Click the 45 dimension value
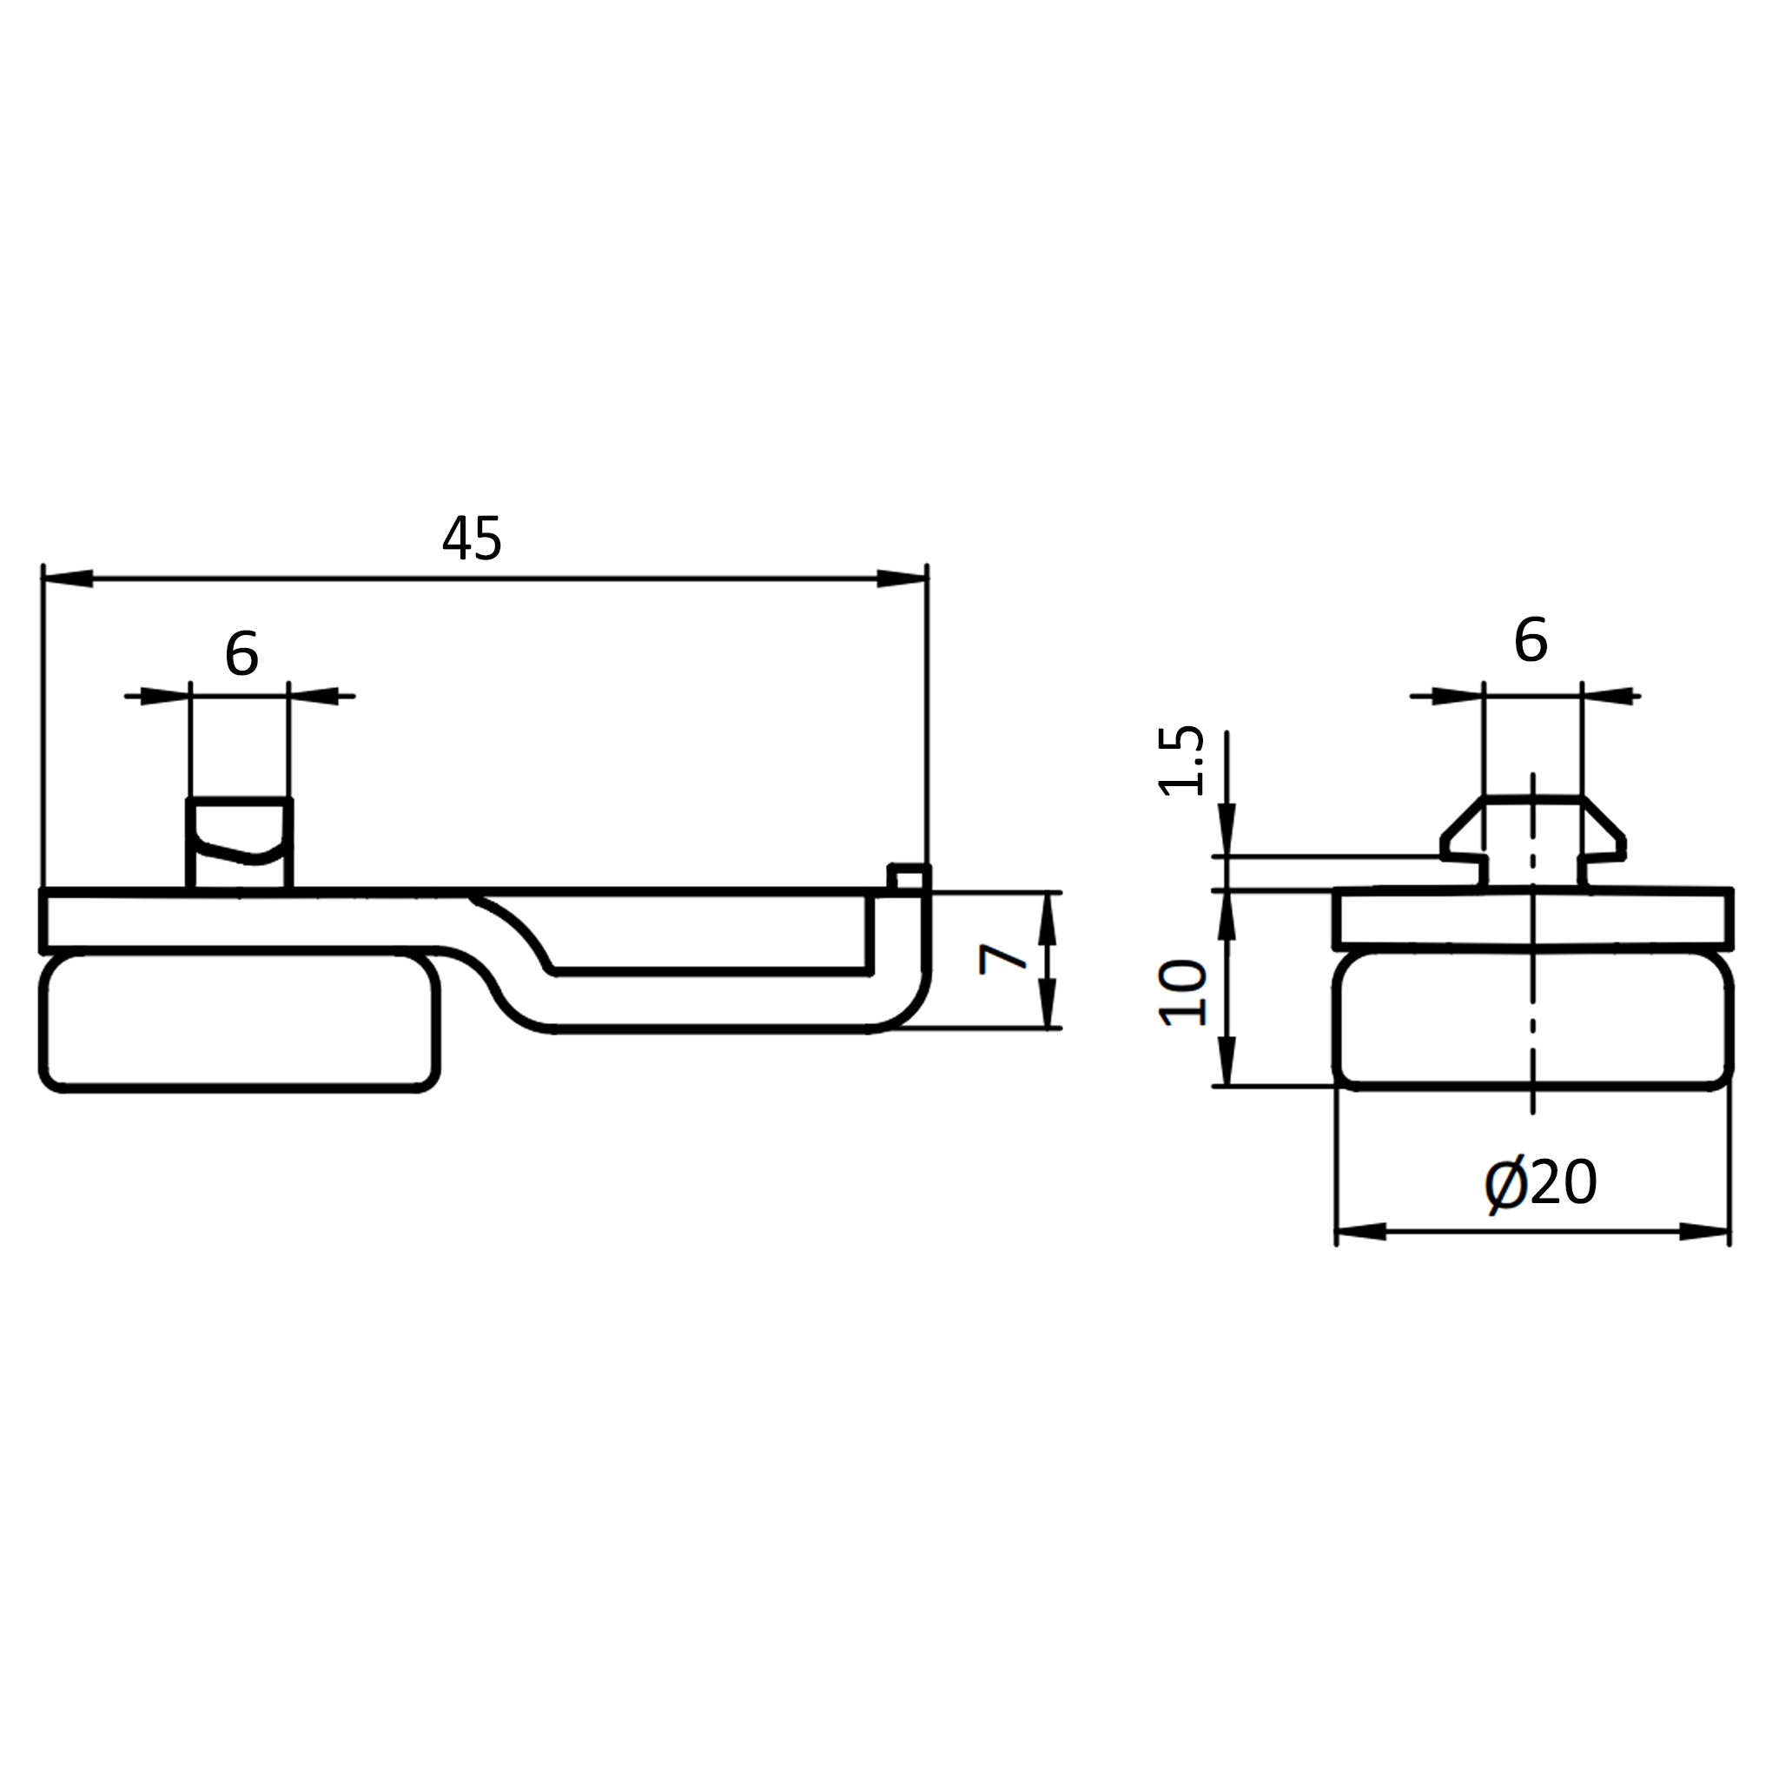(472, 539)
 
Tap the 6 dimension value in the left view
(241, 654)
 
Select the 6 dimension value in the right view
(1531, 640)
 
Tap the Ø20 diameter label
(1540, 1183)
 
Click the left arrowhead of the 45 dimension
(68, 579)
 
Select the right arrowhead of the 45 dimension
(902, 579)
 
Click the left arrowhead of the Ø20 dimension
(1361, 1232)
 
